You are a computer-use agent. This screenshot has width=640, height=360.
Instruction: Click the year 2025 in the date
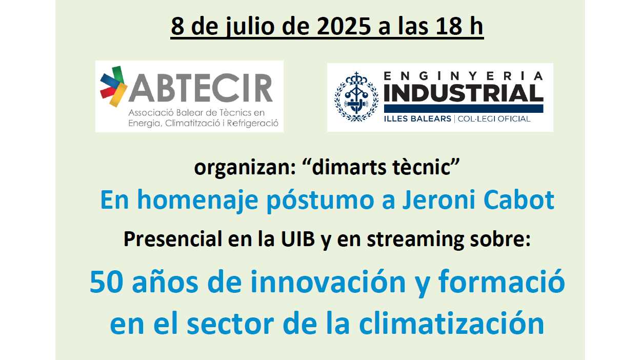pos(344,26)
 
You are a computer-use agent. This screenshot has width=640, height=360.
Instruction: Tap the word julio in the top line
pos(251,27)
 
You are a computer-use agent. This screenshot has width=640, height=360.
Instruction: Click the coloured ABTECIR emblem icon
pos(114,86)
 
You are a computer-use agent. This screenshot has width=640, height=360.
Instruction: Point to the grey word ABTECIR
pos(201,88)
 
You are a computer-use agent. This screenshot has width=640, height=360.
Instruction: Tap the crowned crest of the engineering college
pos(356,96)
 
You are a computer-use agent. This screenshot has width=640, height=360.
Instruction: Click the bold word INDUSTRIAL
pos(464,93)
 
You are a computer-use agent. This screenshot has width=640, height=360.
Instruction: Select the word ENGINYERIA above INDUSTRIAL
pos(464,76)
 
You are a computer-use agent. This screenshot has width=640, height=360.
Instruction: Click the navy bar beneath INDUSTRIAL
pos(464,109)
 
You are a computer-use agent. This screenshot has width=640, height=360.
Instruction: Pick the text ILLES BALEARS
pos(417,118)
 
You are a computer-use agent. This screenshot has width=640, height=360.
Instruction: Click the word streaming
pos(415,241)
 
